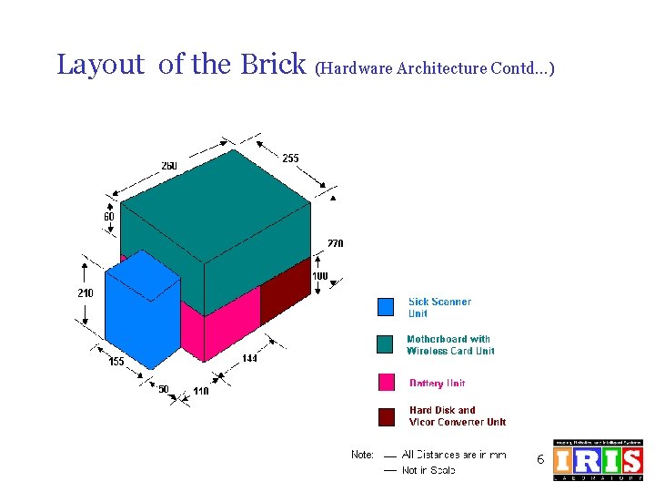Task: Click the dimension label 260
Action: click(169, 166)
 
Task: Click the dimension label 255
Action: click(290, 159)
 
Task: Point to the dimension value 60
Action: click(108, 217)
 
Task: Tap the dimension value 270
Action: click(336, 243)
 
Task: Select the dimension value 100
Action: click(320, 276)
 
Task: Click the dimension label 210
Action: click(85, 293)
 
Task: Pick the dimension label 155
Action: click(116, 362)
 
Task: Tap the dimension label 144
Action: click(249, 359)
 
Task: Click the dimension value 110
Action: click(201, 392)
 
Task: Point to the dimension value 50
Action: click(164, 389)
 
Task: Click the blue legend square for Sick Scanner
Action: click(386, 307)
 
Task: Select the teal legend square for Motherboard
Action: click(386, 344)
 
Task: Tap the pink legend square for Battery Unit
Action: click(386, 383)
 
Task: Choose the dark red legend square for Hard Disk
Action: click(386, 416)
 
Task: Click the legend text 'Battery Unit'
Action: click(437, 384)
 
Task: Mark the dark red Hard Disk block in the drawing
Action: click(285, 292)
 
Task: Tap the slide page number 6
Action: click(539, 460)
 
